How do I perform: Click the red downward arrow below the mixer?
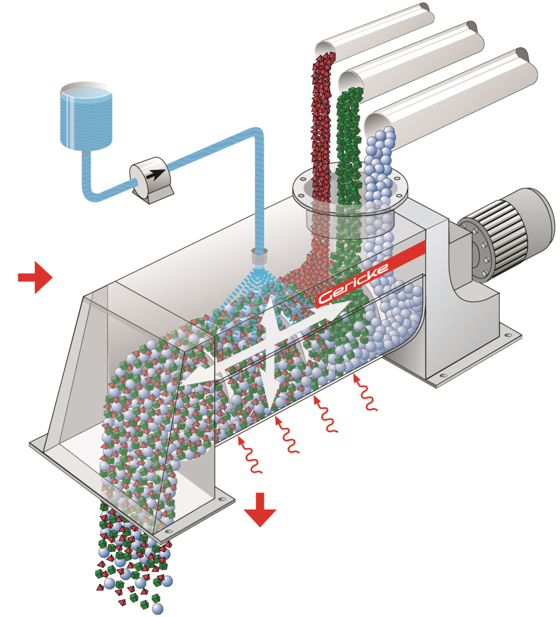click(x=260, y=509)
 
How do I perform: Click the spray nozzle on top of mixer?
click(x=260, y=258)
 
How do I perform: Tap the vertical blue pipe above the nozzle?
click(x=259, y=196)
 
